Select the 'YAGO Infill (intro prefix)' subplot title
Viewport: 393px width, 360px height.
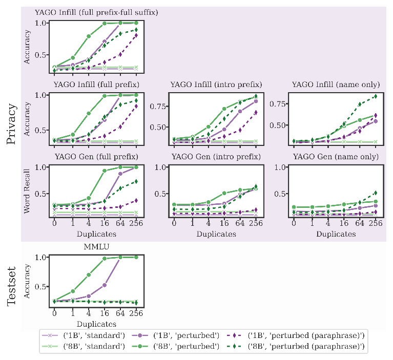tap(216, 84)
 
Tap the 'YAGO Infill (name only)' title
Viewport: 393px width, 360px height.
tap(336, 84)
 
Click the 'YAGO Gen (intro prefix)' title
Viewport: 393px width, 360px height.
tap(216, 156)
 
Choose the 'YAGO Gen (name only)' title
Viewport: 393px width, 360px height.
tap(336, 156)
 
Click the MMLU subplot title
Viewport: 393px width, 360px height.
tap(95, 246)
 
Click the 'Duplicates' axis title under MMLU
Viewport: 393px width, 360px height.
tap(95, 324)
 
